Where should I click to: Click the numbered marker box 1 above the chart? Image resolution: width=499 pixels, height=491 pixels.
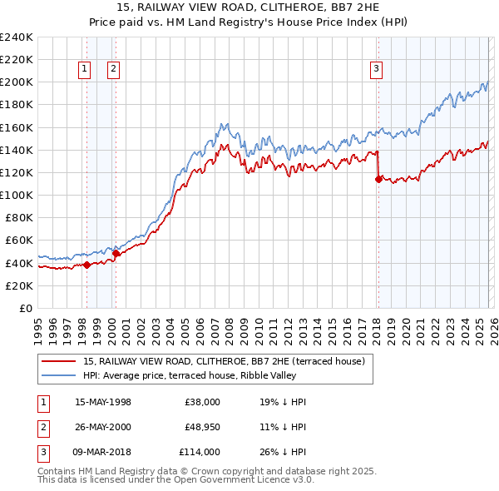point(85,70)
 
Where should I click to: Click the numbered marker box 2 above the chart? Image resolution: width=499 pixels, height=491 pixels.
point(113,70)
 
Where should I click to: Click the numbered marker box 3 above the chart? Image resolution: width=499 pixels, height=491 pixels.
point(376,70)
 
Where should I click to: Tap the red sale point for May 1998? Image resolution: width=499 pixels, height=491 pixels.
point(86,265)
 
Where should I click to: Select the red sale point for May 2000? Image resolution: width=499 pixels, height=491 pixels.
point(116,253)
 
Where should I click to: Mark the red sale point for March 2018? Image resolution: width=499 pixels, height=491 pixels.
point(378,179)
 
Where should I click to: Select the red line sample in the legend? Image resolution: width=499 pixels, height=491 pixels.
point(59,361)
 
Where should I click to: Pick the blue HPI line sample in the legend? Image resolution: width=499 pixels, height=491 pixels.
point(59,375)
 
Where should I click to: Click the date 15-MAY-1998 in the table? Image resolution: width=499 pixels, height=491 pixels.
point(102,402)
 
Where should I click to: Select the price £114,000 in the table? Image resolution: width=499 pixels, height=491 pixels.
point(199,452)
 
